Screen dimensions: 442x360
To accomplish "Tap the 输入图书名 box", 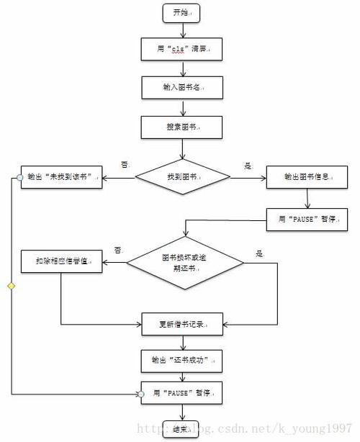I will click(x=183, y=87).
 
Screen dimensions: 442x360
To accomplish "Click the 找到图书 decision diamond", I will click(x=183, y=176).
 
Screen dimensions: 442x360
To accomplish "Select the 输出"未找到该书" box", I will click(x=60, y=176).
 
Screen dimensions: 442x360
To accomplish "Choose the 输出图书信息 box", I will click(x=309, y=176).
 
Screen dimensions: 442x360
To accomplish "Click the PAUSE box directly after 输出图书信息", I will click(x=309, y=219).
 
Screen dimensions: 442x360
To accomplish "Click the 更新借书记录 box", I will click(x=183, y=324).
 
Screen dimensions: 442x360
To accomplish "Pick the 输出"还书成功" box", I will click(x=183, y=358).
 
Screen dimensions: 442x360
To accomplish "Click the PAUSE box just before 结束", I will click(x=183, y=394).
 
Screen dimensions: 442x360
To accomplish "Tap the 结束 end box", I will click(x=180, y=429).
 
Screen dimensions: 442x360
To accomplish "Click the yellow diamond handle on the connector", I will click(x=11, y=287).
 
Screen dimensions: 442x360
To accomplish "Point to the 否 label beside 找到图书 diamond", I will click(x=124, y=165).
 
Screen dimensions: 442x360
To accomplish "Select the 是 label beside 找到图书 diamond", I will click(x=248, y=166).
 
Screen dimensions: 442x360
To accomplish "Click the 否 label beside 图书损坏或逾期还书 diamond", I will click(x=117, y=250).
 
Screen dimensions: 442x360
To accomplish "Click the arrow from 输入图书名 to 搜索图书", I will click(x=183, y=107).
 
